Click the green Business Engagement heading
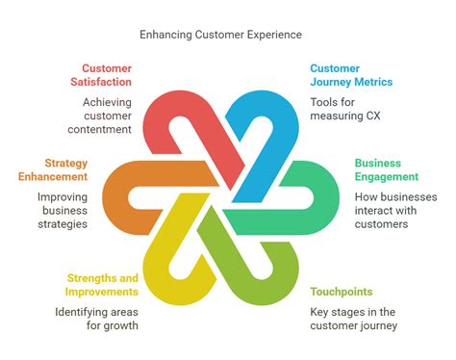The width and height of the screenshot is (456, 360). pyautogui.click(x=386, y=169)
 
